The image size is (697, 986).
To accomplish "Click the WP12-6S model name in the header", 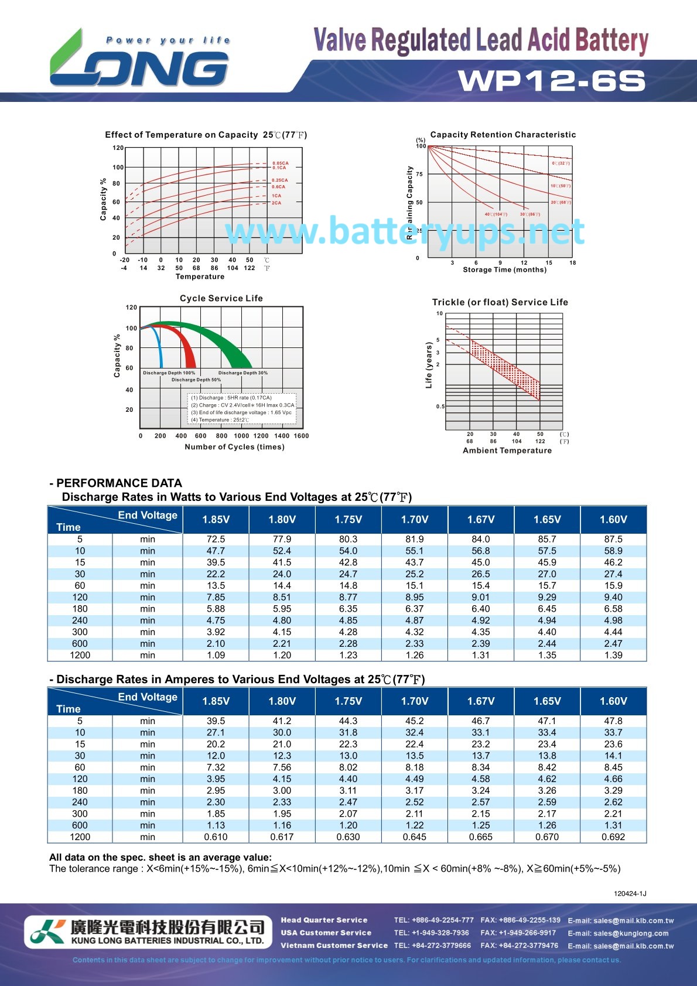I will pyautogui.click(x=552, y=81).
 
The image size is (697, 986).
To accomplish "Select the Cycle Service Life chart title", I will pyautogui.click(x=221, y=298).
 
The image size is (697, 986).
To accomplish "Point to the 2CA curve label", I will pyautogui.click(x=276, y=203).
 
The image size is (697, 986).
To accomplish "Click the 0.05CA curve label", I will pyautogui.click(x=281, y=163).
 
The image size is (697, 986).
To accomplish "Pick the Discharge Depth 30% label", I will pyautogui.click(x=243, y=373).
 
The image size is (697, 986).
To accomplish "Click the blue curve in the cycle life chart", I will pyautogui.click(x=159, y=346).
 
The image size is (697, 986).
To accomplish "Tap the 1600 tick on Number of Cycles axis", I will pyautogui.click(x=301, y=436).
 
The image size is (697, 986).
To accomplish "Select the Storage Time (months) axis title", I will pyautogui.click(x=504, y=269).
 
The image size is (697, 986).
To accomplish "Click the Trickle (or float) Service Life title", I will pyautogui.click(x=500, y=302).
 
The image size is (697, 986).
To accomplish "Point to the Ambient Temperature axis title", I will pyautogui.click(x=507, y=451).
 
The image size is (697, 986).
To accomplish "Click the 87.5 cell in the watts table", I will pyautogui.click(x=613, y=539).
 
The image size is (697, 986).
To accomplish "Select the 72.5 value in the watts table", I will pyautogui.click(x=216, y=539).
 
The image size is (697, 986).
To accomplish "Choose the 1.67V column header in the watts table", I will pyautogui.click(x=481, y=519).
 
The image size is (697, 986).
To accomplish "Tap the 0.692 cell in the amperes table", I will pyautogui.click(x=613, y=837).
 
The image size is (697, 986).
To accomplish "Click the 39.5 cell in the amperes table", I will pyautogui.click(x=216, y=721).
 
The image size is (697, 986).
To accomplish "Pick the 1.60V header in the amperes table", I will pyautogui.click(x=613, y=701).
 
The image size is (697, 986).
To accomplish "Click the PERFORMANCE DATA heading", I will pyautogui.click(x=119, y=483).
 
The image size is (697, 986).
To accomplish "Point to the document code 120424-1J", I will pyautogui.click(x=630, y=893).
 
